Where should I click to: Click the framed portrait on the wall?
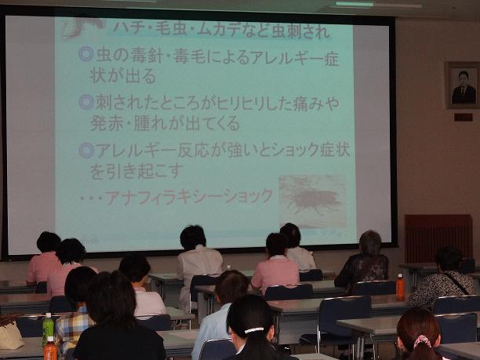[x=463, y=85]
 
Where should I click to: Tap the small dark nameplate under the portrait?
[x=464, y=117]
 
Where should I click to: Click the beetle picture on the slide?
[x=313, y=201]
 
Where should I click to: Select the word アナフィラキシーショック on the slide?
[x=188, y=197]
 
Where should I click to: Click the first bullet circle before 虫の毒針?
[x=85, y=54]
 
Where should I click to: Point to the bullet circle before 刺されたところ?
[x=86, y=102]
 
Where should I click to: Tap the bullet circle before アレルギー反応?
[x=86, y=151]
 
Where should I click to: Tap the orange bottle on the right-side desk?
[x=400, y=287]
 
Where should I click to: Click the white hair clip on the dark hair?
[x=254, y=330]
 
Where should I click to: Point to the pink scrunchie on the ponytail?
[x=423, y=340]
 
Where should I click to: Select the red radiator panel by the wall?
[x=438, y=238]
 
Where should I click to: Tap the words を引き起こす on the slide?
[x=136, y=172]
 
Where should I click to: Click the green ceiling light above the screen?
[x=355, y=4]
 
